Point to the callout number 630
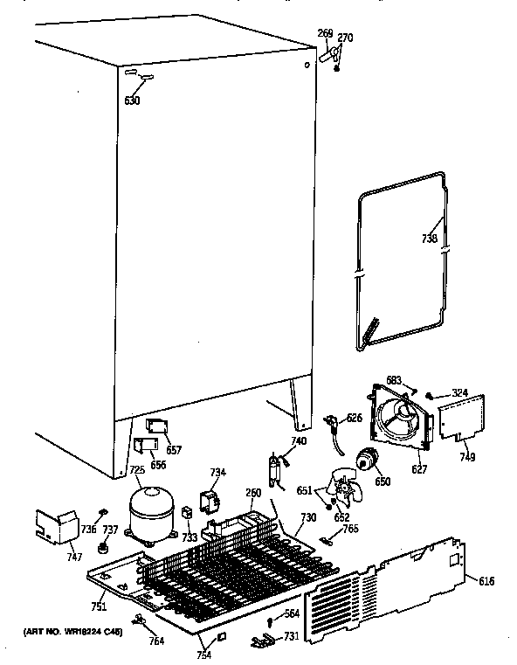132,100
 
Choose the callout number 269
323,34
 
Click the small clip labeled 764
137,620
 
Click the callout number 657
174,450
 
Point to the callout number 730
307,518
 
